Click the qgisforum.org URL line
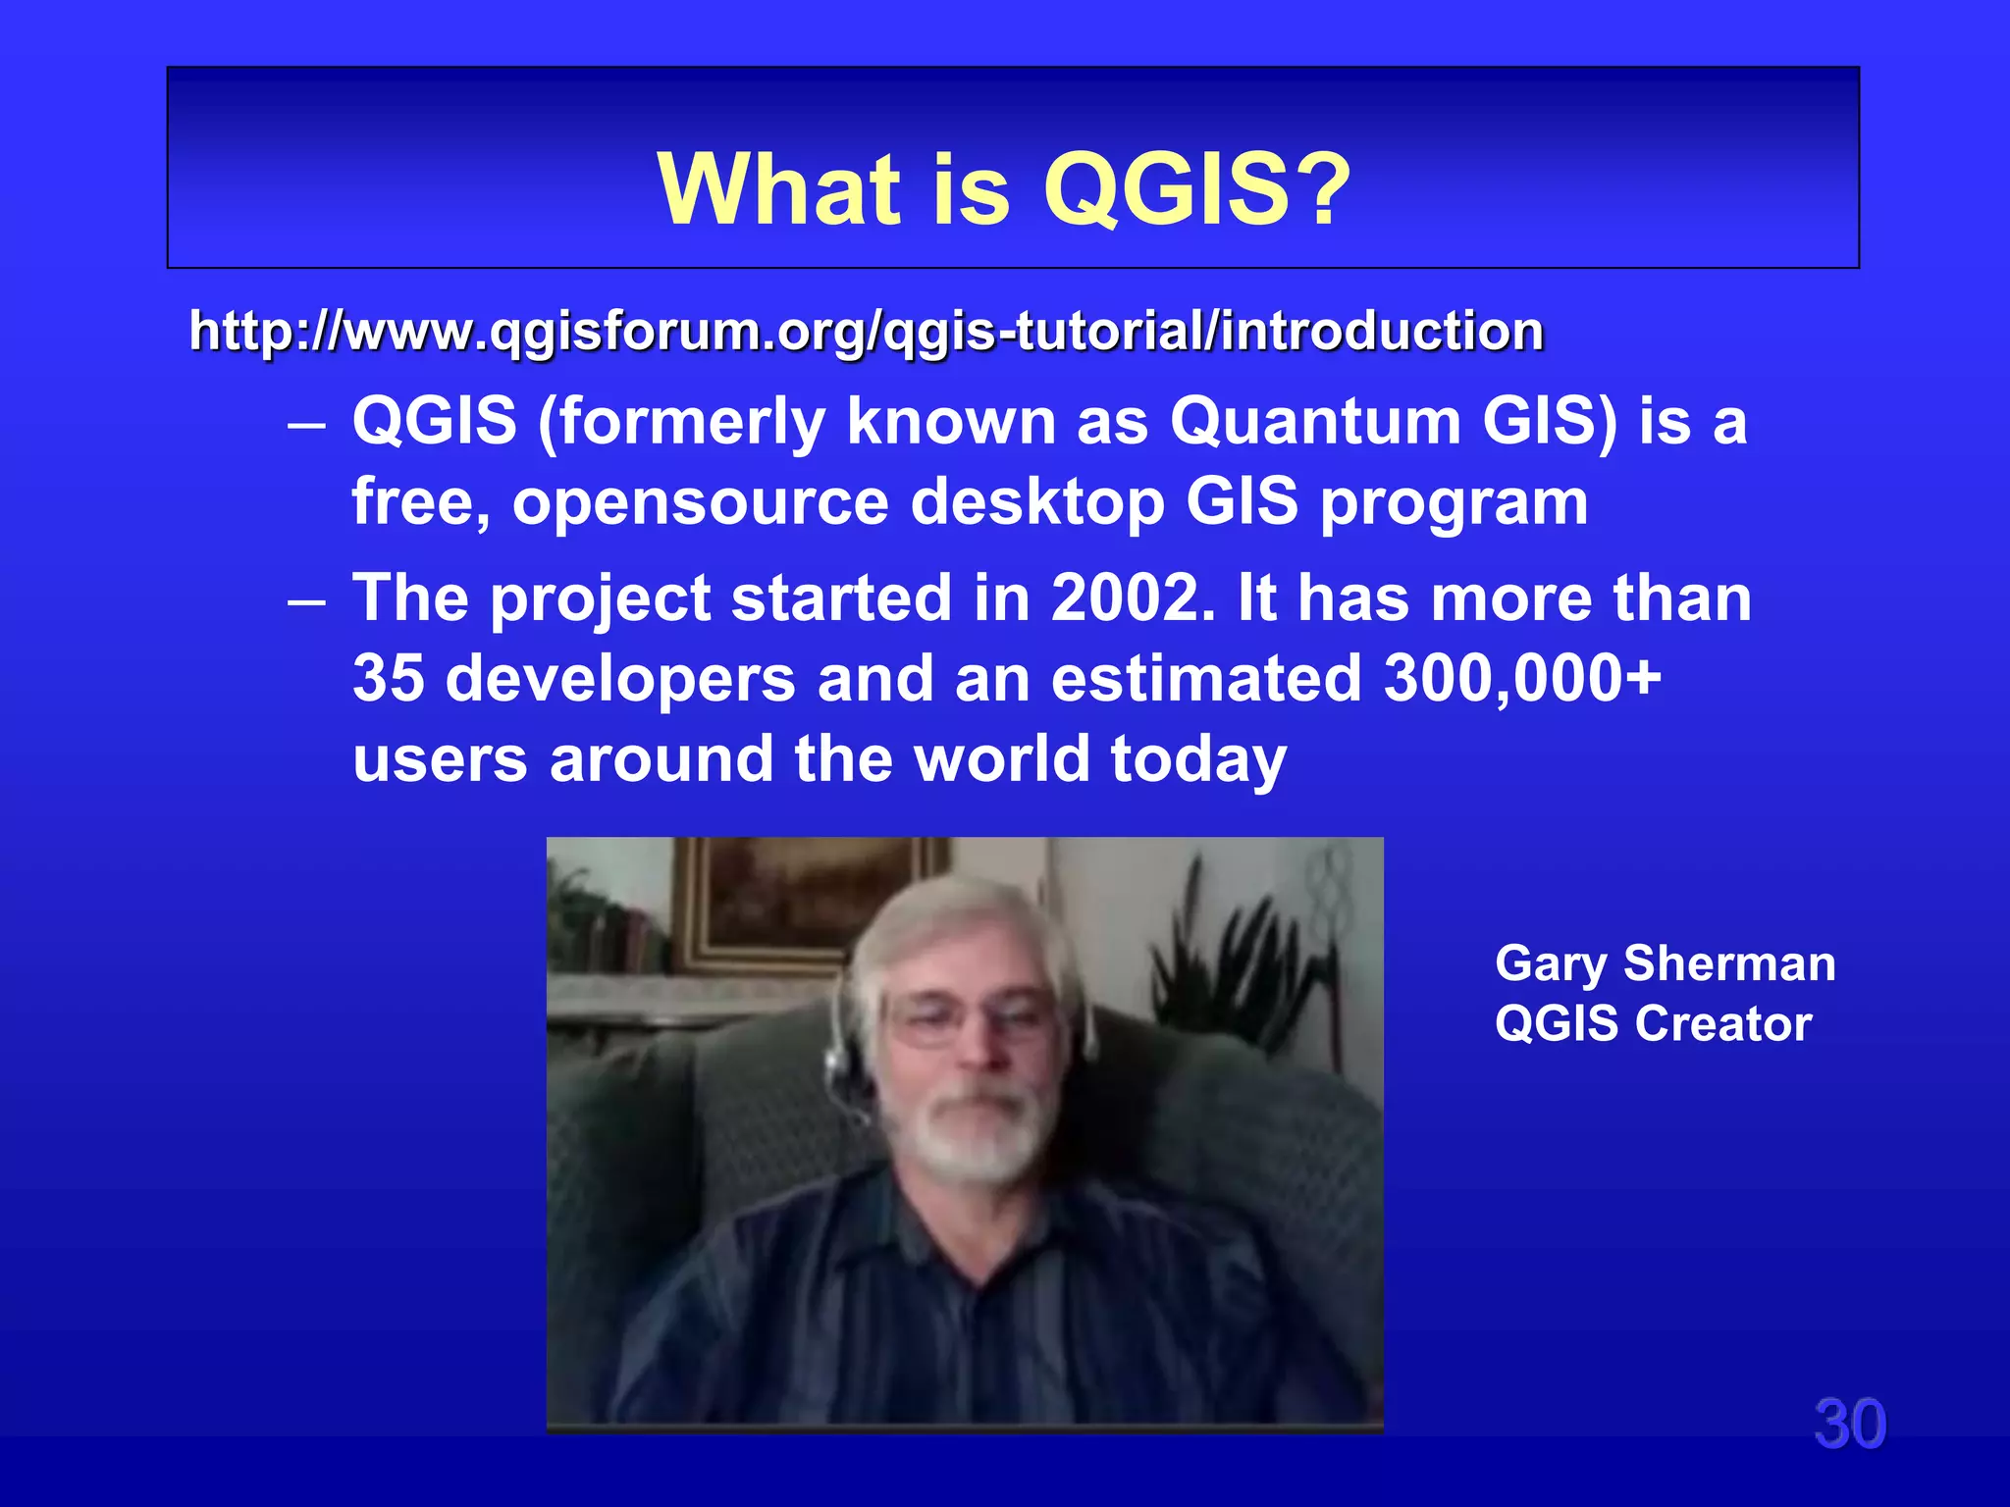(866, 331)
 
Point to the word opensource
(700, 502)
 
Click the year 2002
(1125, 598)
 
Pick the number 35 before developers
(389, 678)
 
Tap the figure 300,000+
(1522, 678)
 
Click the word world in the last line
(1001, 758)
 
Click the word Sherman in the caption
(1729, 963)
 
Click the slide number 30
(1849, 1424)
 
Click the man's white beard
(977, 1138)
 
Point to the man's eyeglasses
(972, 1015)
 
